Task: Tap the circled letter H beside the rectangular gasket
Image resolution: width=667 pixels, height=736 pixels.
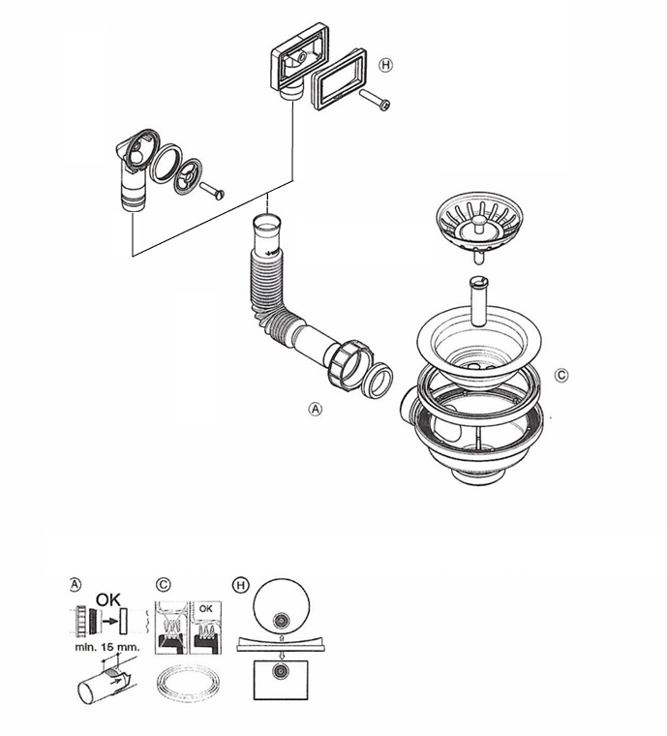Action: click(385, 66)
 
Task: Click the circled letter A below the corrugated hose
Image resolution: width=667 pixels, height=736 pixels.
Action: click(314, 410)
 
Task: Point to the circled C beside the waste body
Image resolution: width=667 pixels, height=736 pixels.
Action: click(561, 375)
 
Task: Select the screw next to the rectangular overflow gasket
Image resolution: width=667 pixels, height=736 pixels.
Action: click(376, 100)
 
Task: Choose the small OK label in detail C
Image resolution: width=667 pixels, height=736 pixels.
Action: click(205, 606)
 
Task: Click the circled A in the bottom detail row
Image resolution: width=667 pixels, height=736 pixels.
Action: click(76, 584)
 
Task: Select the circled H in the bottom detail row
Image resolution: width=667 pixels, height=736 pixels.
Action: click(240, 584)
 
